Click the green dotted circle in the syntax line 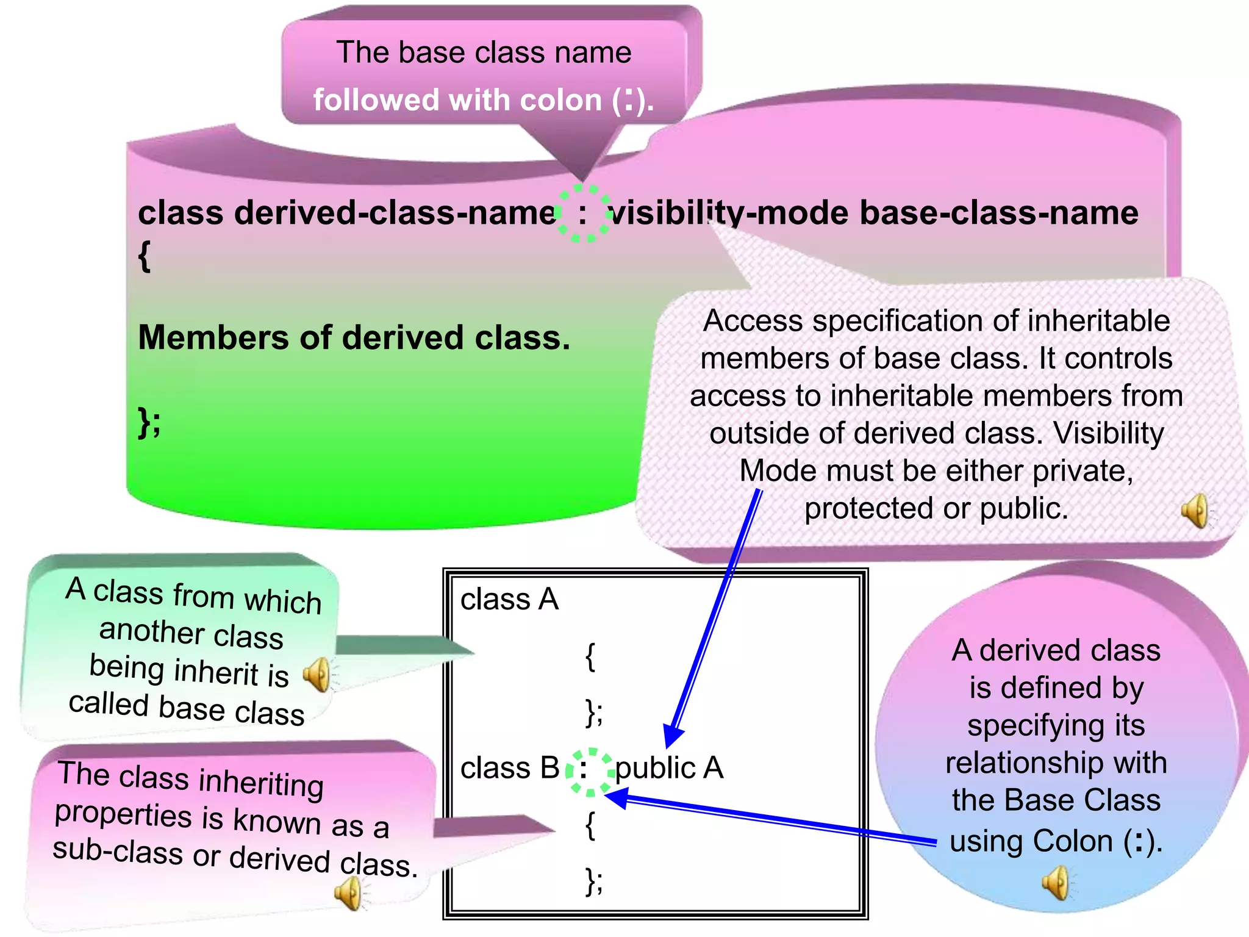[583, 214]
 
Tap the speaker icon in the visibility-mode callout [1195, 511]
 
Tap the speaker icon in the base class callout [318, 675]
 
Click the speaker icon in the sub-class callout [349, 894]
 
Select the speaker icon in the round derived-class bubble [1056, 883]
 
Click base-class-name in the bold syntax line [998, 213]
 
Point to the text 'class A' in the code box [509, 599]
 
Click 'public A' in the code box [668, 768]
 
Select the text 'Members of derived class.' [354, 337]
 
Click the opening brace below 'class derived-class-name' [144, 256]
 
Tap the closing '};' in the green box [149, 422]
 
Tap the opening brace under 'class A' [590, 658]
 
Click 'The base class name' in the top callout [484, 52]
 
